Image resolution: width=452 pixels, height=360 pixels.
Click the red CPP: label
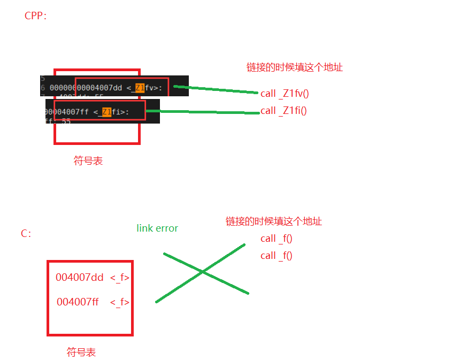tap(36, 16)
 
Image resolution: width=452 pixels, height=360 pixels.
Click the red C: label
tap(26, 233)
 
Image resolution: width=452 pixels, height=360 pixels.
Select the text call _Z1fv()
tap(285, 94)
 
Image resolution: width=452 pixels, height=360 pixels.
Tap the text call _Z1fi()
tap(284, 111)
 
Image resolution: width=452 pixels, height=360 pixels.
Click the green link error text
tap(157, 228)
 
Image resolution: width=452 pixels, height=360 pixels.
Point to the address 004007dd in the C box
tap(79, 278)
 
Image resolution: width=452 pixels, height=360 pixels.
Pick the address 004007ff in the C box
tap(78, 302)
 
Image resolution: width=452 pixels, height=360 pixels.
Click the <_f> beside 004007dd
tap(120, 278)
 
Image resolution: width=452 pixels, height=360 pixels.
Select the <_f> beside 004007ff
tap(120, 302)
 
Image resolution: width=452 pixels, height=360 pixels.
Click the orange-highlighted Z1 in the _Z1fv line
tap(140, 87)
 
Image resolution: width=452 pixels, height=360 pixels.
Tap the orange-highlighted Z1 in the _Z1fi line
tap(107, 112)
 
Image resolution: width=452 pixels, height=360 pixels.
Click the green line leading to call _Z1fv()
tap(217, 89)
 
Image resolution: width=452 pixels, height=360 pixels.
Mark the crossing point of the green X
tap(203, 272)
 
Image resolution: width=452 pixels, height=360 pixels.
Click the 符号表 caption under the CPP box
tap(88, 160)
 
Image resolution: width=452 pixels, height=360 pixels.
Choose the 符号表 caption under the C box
tap(81, 352)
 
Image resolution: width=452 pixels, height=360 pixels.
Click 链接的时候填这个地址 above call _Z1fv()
tap(294, 67)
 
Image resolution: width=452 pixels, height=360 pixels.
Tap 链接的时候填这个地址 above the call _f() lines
tap(273, 221)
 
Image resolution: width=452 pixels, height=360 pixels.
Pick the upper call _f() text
tap(277, 239)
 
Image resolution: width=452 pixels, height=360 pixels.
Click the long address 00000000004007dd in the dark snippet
tap(86, 88)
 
